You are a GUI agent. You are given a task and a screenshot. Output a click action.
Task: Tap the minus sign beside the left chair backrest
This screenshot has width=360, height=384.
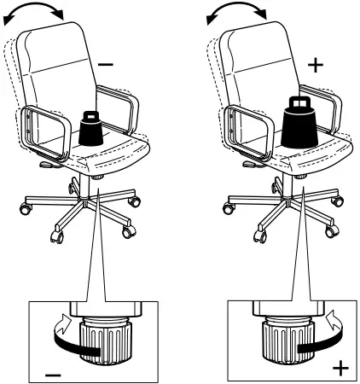pyautogui.click(x=106, y=64)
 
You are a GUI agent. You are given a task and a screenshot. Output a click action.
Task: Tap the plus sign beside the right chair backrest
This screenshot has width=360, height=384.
pyautogui.click(x=316, y=64)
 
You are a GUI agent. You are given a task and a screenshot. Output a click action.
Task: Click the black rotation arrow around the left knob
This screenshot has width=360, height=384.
pyautogui.click(x=68, y=340)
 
